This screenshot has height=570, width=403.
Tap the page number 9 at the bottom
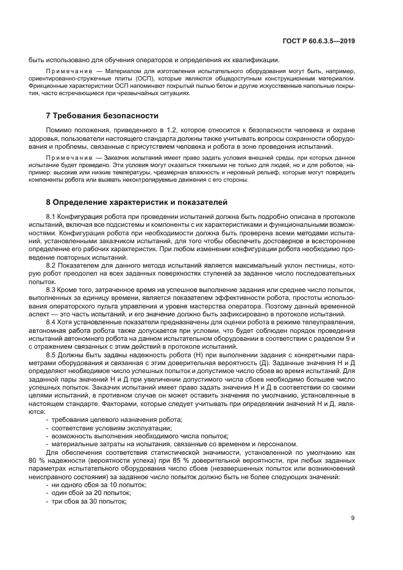352,518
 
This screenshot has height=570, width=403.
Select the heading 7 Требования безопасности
93,115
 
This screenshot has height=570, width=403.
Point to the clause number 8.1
51,218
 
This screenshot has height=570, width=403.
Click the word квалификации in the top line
256,60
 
